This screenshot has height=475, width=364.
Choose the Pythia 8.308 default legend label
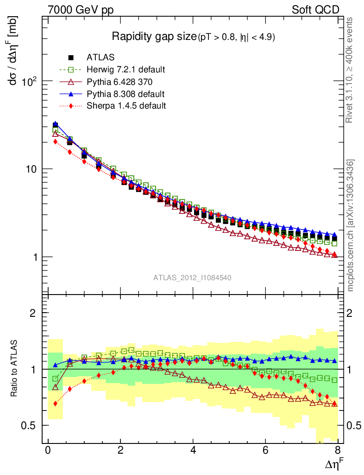tap(126, 94)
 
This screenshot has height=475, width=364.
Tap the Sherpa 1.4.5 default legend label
tap(126, 106)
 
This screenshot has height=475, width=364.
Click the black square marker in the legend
tap(71, 58)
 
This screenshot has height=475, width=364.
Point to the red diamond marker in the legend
tap(71, 106)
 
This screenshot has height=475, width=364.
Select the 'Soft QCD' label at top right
tap(315, 10)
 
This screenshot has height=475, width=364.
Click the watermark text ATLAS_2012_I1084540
tap(192, 278)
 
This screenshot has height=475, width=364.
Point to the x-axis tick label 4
tap(193, 451)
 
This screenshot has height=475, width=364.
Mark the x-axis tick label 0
tap(48, 451)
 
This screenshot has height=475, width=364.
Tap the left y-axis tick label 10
tap(33, 169)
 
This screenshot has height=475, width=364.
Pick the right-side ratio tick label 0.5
tap(355, 425)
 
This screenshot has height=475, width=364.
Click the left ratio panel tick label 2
tap(33, 313)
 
